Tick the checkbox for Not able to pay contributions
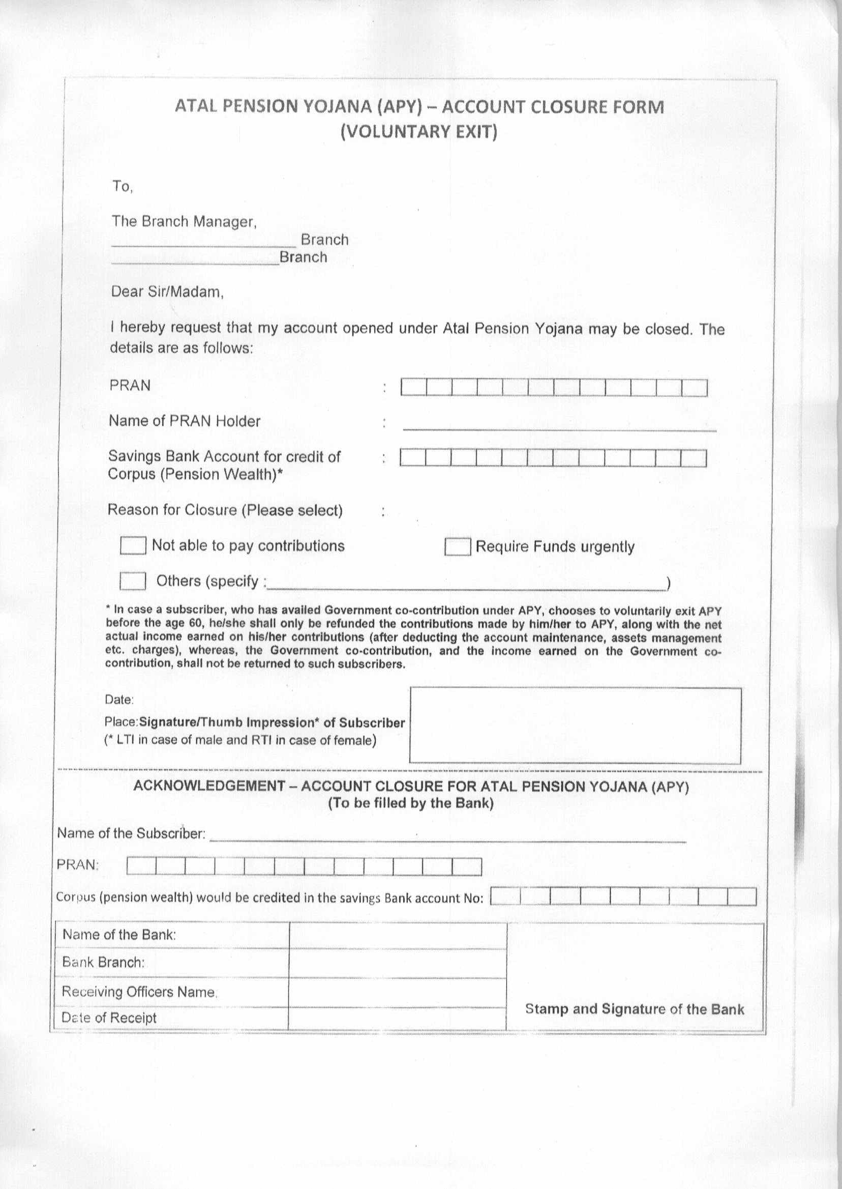(x=132, y=546)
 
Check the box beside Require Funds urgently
(x=457, y=547)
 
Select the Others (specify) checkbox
(x=132, y=581)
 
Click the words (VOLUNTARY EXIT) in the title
(x=419, y=132)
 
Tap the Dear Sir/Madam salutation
(x=167, y=292)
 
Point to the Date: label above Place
(x=119, y=699)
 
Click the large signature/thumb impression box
(x=575, y=725)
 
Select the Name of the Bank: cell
(x=119, y=935)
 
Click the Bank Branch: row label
(x=103, y=962)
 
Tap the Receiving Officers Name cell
(x=139, y=992)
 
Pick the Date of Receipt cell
(x=109, y=1018)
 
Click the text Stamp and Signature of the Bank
(x=634, y=1009)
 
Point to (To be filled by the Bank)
(x=411, y=803)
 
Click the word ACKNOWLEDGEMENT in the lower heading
(x=209, y=786)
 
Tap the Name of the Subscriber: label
(x=131, y=834)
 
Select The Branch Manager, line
(x=184, y=221)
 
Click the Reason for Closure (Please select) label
(x=225, y=510)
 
